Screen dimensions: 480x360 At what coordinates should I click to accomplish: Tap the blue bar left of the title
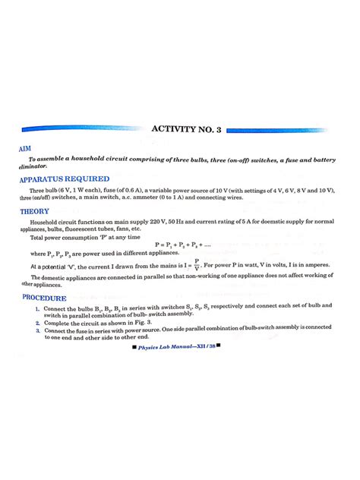click(x=84, y=130)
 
